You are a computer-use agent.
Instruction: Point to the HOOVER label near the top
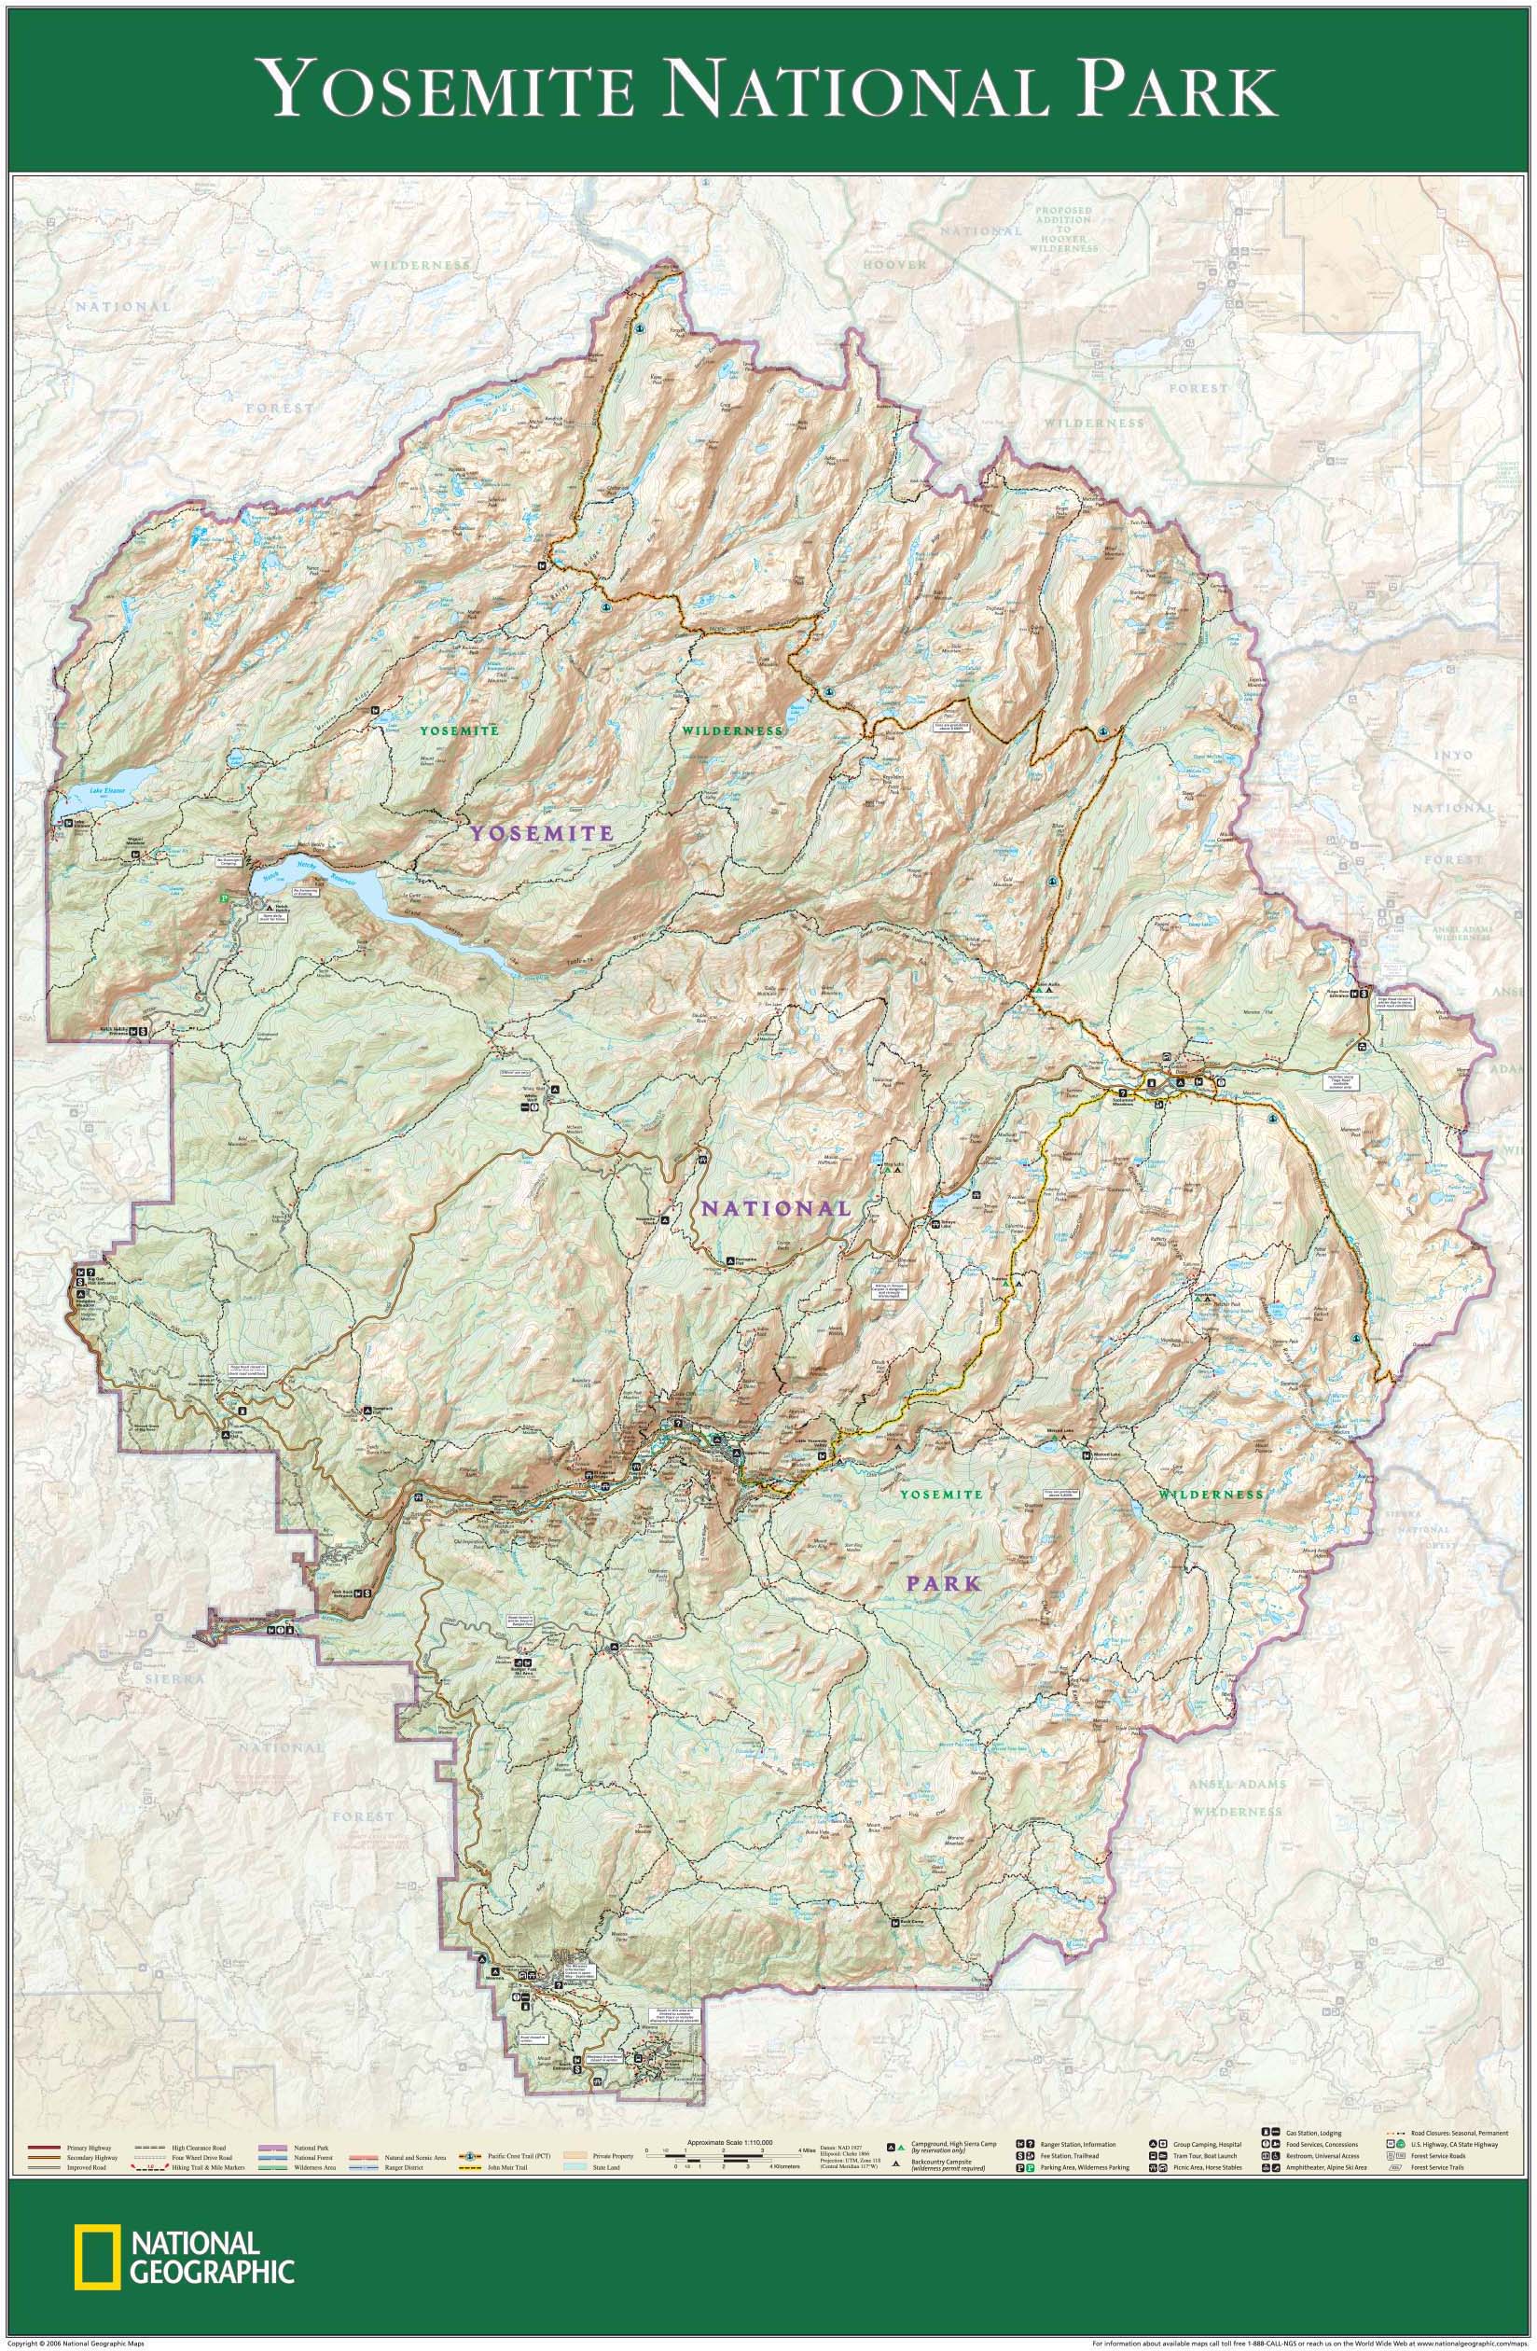click(895, 265)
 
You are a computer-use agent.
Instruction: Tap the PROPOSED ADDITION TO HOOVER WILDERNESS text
click(1065, 230)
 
